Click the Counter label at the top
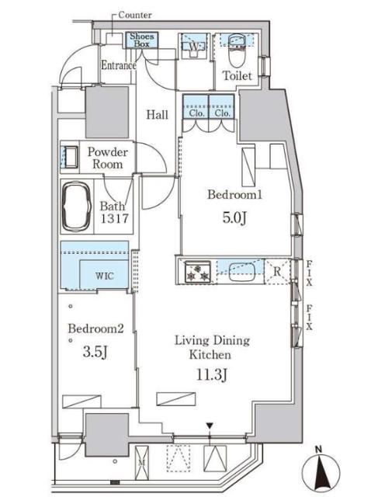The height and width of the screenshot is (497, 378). [x=134, y=15]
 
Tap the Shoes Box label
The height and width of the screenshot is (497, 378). [x=141, y=40]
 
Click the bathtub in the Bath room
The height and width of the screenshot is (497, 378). [x=77, y=207]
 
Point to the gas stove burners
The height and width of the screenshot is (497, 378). [x=198, y=272]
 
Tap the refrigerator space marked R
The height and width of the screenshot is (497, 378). [x=277, y=271]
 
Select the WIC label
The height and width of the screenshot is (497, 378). [x=104, y=276]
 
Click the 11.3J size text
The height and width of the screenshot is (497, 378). [x=211, y=374]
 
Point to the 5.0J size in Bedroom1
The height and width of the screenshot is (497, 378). [x=234, y=218]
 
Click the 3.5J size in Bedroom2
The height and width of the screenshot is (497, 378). [x=95, y=352]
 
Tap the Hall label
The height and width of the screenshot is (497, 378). [x=157, y=114]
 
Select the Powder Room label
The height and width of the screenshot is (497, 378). [x=107, y=158]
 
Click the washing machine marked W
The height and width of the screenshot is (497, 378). [x=193, y=47]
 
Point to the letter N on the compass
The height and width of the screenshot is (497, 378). [x=318, y=449]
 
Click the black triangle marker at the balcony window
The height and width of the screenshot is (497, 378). [x=209, y=426]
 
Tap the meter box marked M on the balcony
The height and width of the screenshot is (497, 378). [x=141, y=463]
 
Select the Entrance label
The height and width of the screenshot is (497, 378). [x=119, y=65]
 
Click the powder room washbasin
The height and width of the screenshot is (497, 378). [x=70, y=157]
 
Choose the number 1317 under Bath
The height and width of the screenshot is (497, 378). [x=114, y=218]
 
